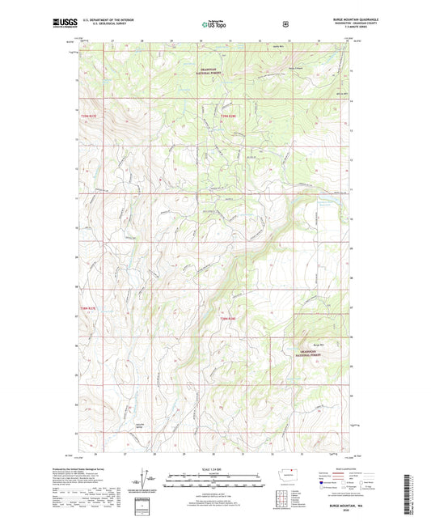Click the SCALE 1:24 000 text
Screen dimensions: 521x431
tap(214, 468)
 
